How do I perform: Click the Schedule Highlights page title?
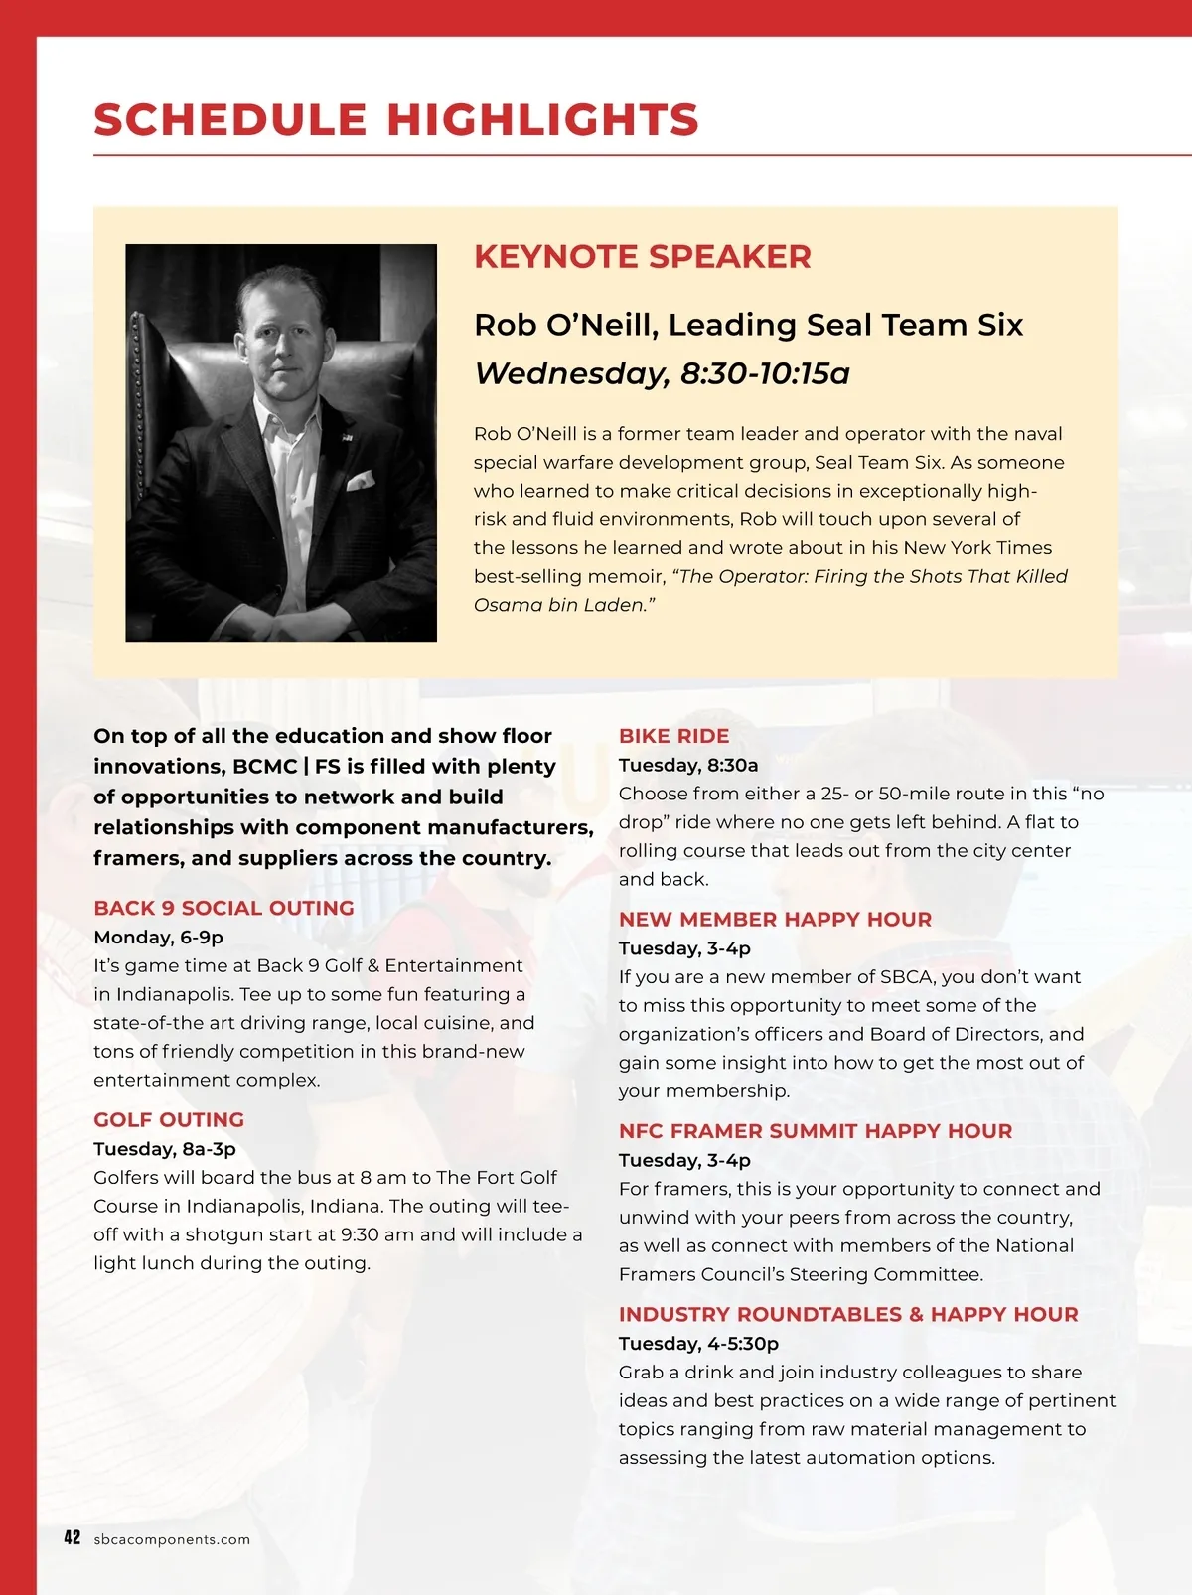396,120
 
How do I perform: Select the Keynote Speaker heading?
642,257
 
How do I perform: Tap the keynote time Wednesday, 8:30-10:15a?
662,374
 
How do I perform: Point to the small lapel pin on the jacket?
346,437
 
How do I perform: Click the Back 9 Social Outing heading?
223,908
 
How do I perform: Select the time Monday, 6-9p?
158,938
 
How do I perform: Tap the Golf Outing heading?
169,1120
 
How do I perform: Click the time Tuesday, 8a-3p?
165,1149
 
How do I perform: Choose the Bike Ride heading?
673,736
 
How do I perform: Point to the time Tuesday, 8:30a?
687,765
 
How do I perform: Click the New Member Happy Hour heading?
775,920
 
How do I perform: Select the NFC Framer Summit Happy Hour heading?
815,1131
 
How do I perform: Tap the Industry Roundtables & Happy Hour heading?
847,1315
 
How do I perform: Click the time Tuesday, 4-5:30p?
698,1344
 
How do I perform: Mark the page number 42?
72,1538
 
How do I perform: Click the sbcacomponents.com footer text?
172,1540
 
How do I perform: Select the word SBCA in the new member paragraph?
906,977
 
